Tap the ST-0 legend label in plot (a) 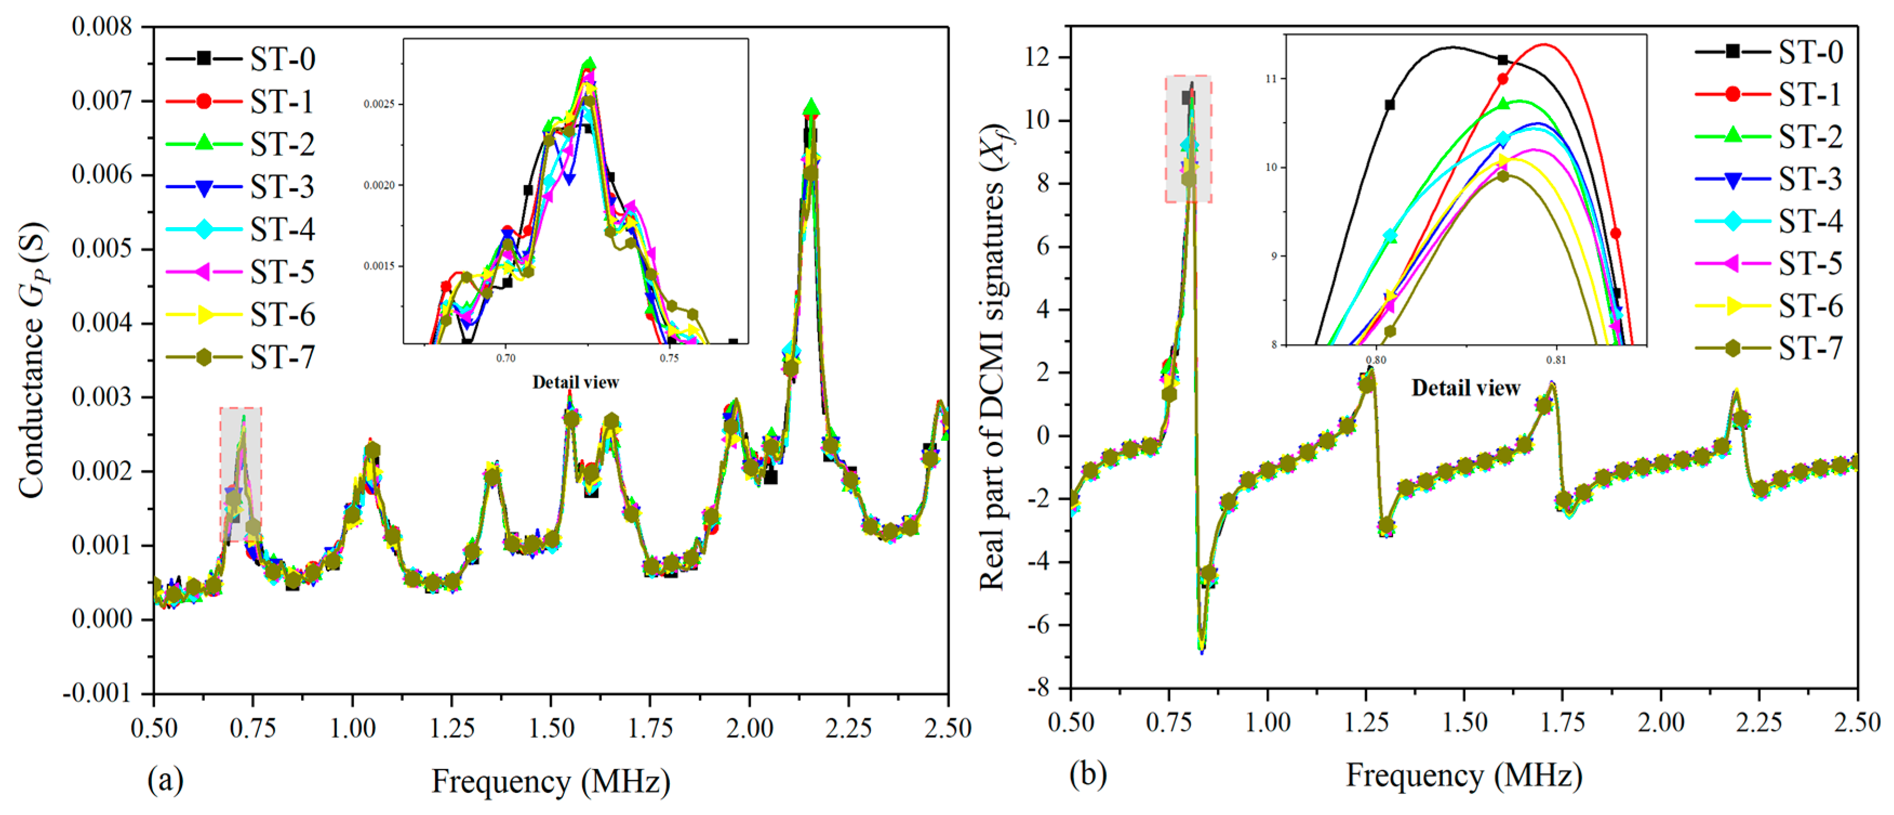(x=282, y=59)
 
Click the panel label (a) (x=165, y=780)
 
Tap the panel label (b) (x=1088, y=774)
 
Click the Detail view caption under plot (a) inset (x=575, y=382)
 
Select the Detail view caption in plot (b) (x=1465, y=388)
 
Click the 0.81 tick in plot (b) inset (x=1555, y=360)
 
